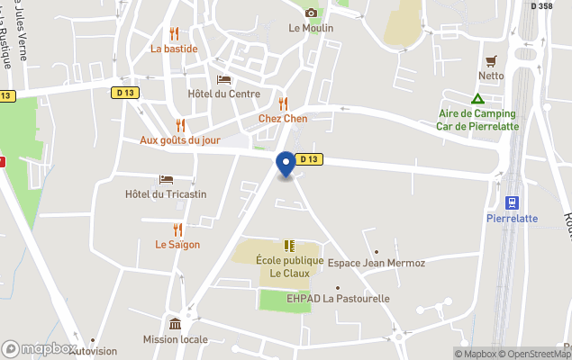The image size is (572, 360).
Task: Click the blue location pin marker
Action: tap(286, 164)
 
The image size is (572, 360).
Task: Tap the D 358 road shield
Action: tap(541, 5)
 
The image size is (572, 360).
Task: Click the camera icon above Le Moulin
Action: tap(311, 13)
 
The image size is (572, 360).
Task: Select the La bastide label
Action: tap(174, 49)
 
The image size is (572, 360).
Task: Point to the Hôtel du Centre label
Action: tap(224, 94)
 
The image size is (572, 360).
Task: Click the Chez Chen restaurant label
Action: tap(283, 118)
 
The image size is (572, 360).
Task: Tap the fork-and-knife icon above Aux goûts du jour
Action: tap(180, 125)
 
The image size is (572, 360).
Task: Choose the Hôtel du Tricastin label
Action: tap(166, 194)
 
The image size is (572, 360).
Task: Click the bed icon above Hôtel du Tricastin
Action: tap(166, 179)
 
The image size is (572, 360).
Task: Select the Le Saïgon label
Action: tap(177, 244)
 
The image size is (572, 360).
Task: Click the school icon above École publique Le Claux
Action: tap(289, 245)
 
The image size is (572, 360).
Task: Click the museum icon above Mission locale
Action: tap(175, 324)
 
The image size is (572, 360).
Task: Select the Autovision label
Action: tap(93, 351)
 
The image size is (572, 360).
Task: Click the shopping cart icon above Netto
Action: tap(491, 61)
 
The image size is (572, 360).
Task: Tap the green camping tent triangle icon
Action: tap(477, 98)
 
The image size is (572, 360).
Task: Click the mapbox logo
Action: tap(40, 348)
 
